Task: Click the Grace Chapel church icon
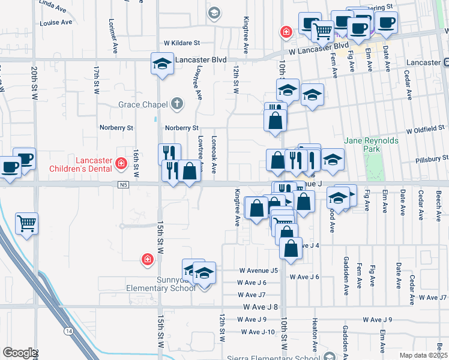(176, 104)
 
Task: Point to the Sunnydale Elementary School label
(160, 284)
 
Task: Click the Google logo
(19, 353)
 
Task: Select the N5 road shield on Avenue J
(124, 184)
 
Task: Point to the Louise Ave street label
(55, 22)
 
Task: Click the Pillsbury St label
(432, 160)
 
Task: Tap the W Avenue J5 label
(258, 271)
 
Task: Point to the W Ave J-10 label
(258, 332)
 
